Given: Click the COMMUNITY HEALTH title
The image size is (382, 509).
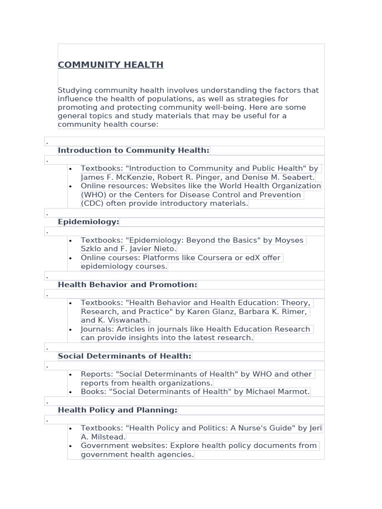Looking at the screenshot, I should pyautogui.click(x=110, y=65).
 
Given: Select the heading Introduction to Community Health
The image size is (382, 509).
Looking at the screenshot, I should pyautogui.click(x=133, y=150).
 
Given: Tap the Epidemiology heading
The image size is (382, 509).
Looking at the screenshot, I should pyautogui.click(x=89, y=222).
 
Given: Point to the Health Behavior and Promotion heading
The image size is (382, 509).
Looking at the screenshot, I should pyautogui.click(x=127, y=285).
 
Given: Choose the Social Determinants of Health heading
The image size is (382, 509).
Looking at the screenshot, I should pyautogui.click(x=124, y=356).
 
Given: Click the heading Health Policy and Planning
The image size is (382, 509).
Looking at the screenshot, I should pyautogui.click(x=117, y=410).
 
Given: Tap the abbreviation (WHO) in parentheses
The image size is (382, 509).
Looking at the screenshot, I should pyautogui.click(x=92, y=195).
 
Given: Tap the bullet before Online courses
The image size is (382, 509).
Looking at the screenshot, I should pyautogui.click(x=71, y=258).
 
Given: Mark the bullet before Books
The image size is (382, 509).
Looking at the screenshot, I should pyautogui.click(x=71, y=392).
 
